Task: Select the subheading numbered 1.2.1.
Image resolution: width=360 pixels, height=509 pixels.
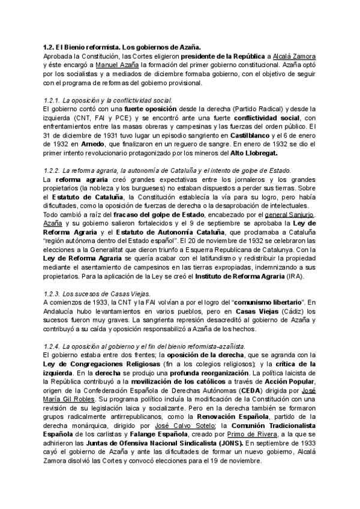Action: click(108, 100)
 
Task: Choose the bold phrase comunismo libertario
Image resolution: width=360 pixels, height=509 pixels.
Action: click(263, 303)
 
